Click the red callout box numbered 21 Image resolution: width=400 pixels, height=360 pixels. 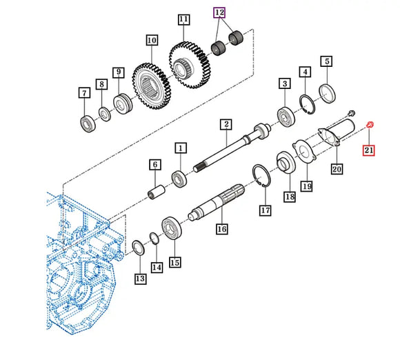click(369, 150)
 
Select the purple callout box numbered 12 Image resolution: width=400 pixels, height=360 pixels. click(219, 12)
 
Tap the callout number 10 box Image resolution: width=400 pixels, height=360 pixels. click(152, 40)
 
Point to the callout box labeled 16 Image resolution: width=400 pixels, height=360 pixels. click(221, 228)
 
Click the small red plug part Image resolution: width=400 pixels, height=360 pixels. click(370, 125)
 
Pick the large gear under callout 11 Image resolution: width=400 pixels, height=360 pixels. click(189, 65)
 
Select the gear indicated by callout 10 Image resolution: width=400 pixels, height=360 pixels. click(152, 86)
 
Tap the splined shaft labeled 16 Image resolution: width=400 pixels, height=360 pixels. click(217, 202)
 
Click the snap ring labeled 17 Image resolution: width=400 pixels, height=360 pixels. click(261, 176)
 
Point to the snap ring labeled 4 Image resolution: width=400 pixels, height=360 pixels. click(307, 104)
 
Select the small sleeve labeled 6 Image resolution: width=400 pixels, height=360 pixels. click(157, 192)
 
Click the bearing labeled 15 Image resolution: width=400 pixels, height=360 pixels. click(172, 228)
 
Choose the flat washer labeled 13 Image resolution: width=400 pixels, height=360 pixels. click(139, 248)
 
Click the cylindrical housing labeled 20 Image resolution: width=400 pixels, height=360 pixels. click(337, 132)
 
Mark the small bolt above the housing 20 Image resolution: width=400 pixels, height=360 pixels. click(351, 112)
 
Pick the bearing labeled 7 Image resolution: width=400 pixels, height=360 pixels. click(88, 123)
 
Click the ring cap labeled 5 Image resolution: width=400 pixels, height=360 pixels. click(328, 94)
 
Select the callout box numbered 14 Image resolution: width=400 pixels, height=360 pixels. click(157, 268)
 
